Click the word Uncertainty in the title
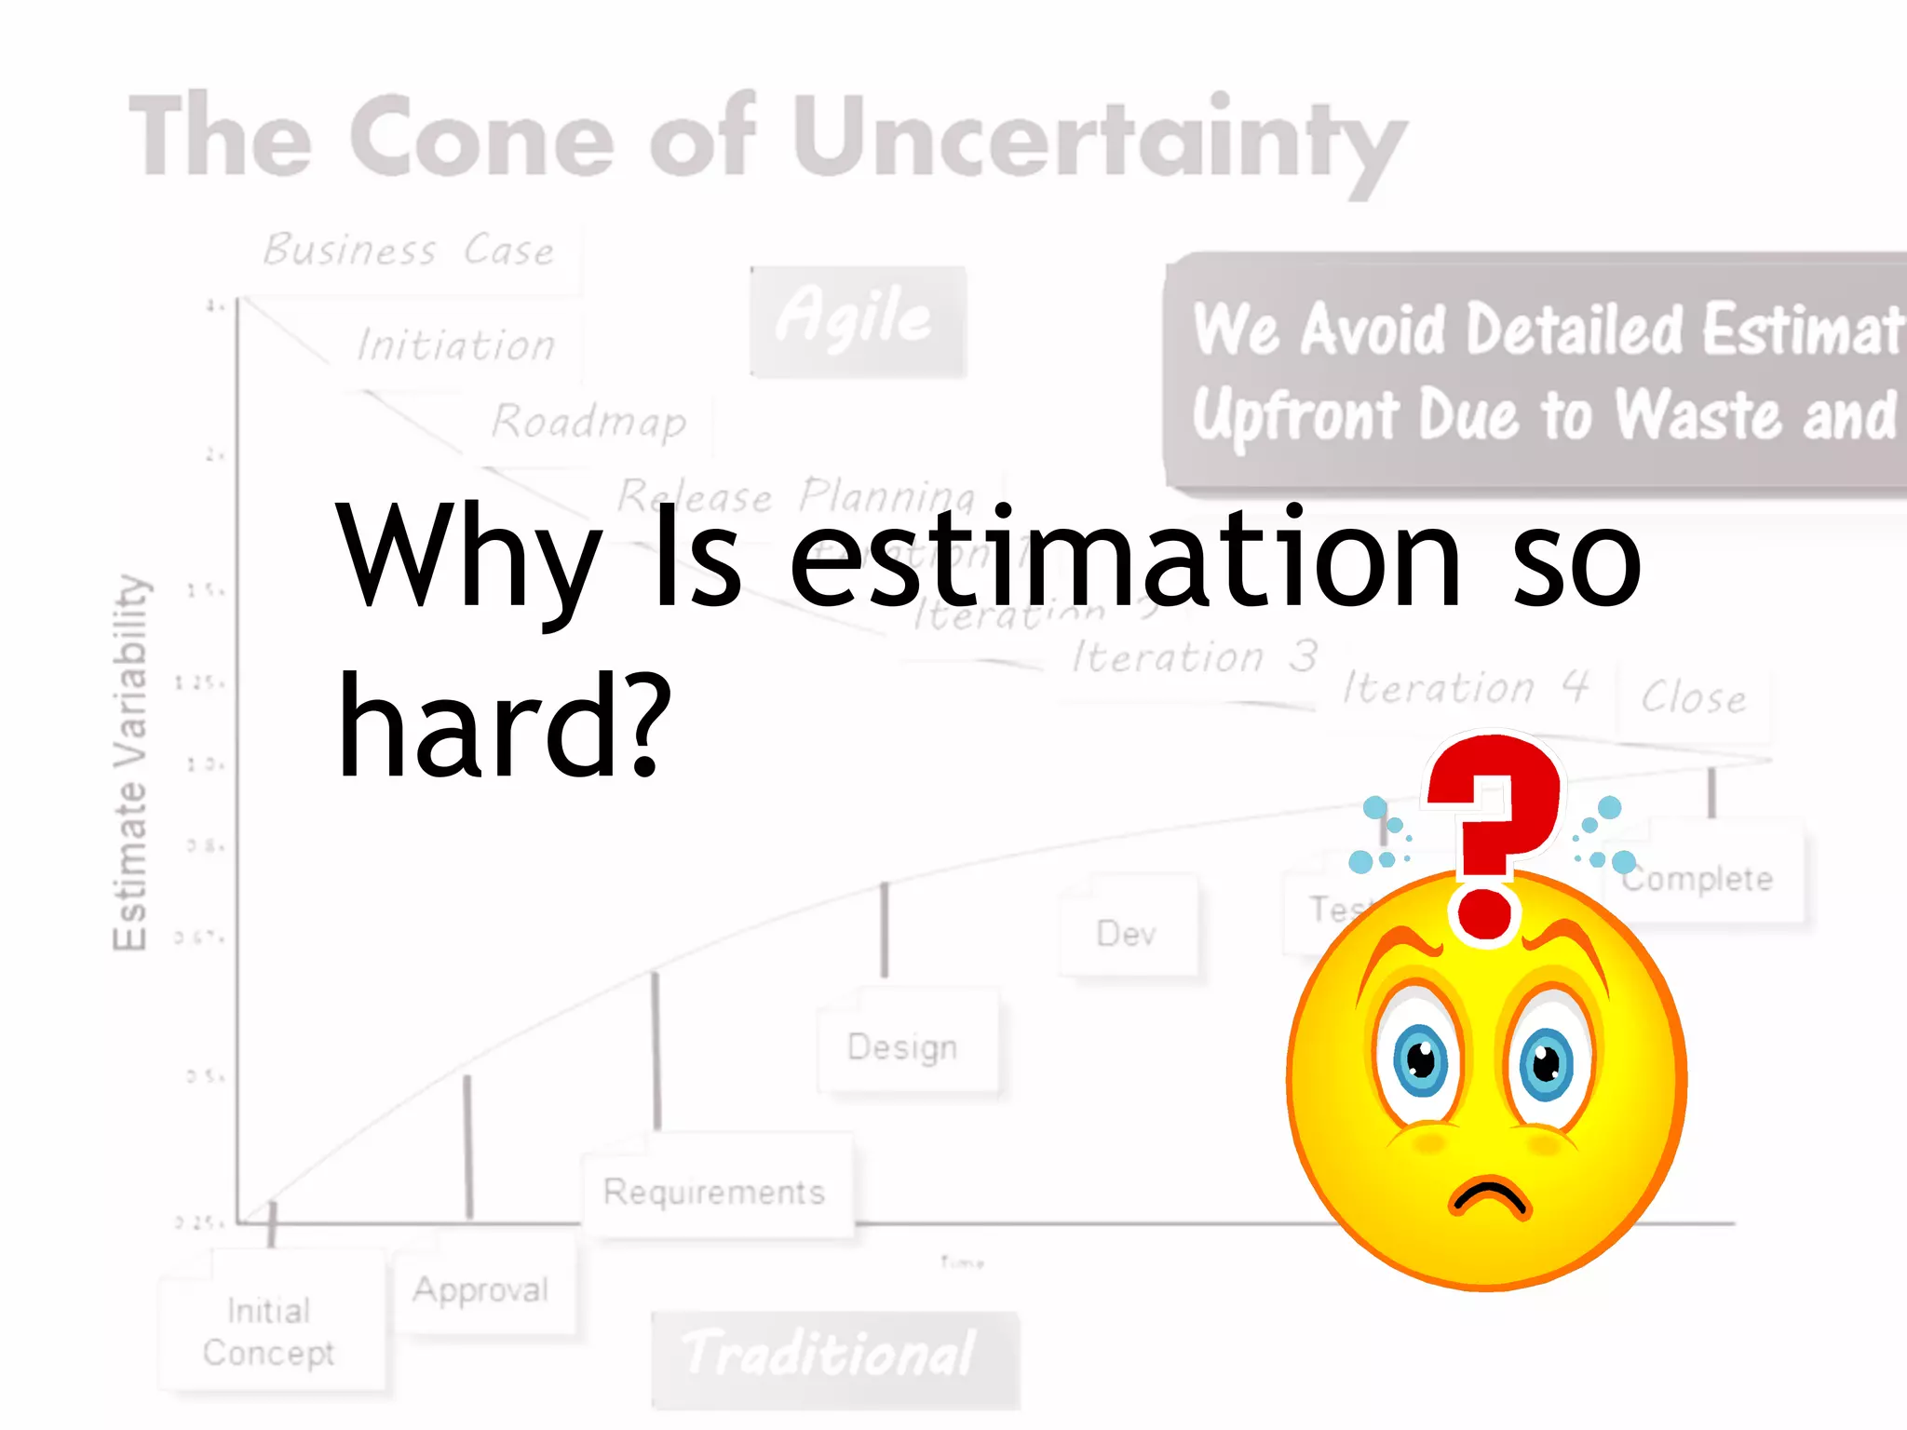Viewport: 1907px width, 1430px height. click(1099, 140)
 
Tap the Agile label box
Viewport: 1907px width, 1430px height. click(858, 320)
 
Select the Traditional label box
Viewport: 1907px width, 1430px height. click(833, 1356)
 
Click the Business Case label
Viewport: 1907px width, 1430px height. click(410, 250)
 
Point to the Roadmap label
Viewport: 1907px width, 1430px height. click(589, 422)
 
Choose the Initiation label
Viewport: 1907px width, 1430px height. click(456, 345)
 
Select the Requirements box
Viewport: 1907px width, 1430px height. click(715, 1192)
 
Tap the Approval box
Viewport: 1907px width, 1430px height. click(481, 1290)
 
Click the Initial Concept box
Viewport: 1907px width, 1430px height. click(269, 1331)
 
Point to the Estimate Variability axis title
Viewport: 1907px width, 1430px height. click(130, 763)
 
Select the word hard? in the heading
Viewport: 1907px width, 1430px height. click(504, 726)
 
